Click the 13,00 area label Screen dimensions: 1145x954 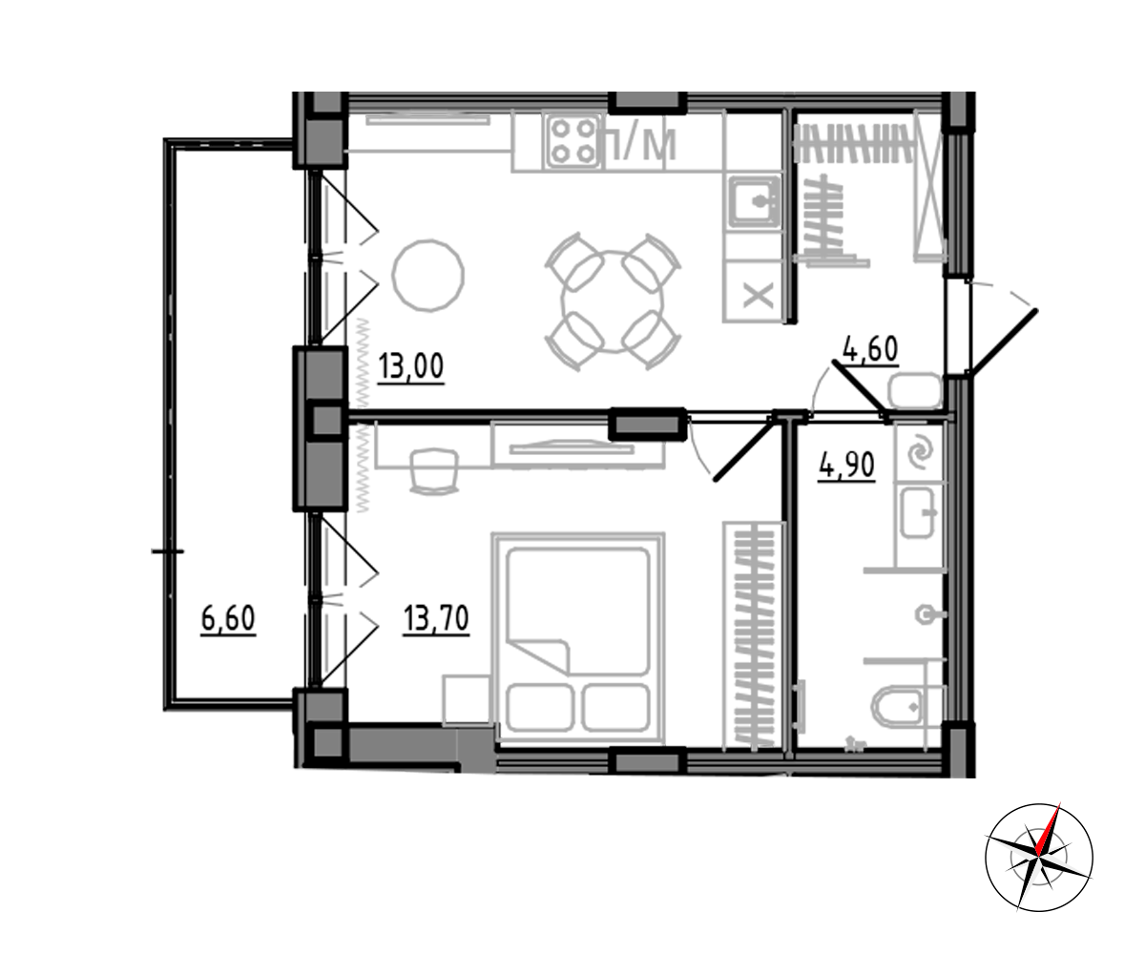(x=410, y=366)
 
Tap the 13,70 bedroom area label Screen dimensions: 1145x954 (x=436, y=618)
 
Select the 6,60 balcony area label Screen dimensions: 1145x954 (x=228, y=618)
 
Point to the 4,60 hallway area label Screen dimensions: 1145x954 (x=870, y=349)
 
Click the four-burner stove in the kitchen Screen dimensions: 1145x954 (x=573, y=141)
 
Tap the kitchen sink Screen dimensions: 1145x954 (x=755, y=201)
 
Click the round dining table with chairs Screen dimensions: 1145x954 (x=613, y=301)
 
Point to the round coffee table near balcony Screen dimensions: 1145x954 (x=428, y=275)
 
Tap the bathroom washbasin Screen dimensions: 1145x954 (x=918, y=512)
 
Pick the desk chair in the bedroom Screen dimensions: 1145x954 (x=434, y=471)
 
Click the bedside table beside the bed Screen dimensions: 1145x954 (x=467, y=699)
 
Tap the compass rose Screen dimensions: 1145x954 (x=1039, y=858)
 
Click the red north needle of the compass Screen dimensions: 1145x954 (x=1048, y=829)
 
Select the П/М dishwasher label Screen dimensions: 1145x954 (x=640, y=144)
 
